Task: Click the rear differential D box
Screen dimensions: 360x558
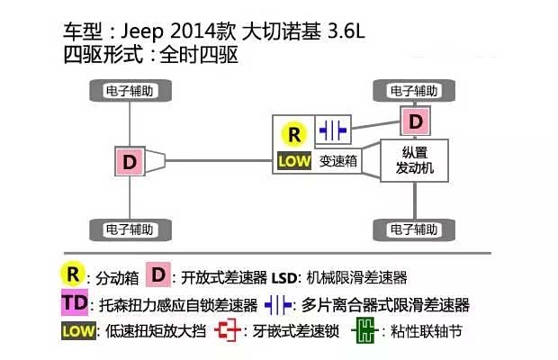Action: coord(130,162)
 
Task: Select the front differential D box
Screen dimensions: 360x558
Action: coord(415,121)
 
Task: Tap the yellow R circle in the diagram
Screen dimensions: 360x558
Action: coord(293,134)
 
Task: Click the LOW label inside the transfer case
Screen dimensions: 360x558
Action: coord(293,162)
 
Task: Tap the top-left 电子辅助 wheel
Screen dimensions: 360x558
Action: coord(130,90)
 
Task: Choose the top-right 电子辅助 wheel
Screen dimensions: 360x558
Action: coord(415,90)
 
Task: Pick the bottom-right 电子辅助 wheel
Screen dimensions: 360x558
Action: coord(415,229)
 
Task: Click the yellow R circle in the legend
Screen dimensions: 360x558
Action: coord(72,274)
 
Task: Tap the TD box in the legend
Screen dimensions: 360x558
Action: coord(75,302)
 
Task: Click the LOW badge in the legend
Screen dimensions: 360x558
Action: coord(78,330)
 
